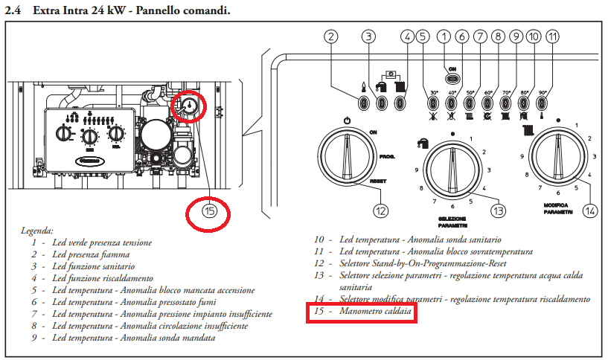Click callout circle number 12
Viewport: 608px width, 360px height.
tap(381, 210)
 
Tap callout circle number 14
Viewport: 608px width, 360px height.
tap(590, 210)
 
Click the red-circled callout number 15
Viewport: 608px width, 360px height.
tap(209, 212)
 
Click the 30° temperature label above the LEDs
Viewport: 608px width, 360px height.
tap(434, 93)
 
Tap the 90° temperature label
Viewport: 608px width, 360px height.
tap(543, 93)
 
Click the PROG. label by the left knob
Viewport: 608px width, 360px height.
tap(385, 157)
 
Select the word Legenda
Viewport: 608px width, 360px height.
tap(38, 231)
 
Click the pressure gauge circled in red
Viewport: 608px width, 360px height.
tap(188, 108)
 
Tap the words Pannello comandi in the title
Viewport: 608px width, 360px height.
tap(179, 9)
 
